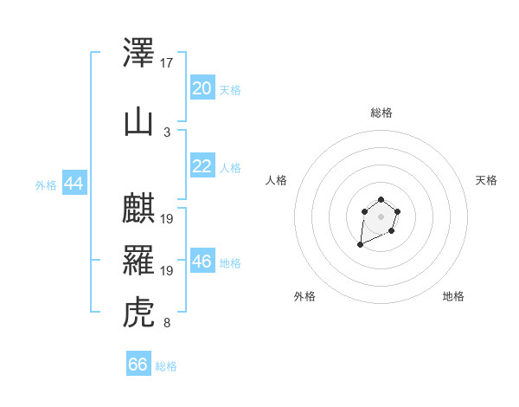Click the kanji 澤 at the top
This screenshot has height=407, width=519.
(x=138, y=52)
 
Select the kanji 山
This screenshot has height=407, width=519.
(x=138, y=123)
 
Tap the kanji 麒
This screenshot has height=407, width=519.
(x=138, y=208)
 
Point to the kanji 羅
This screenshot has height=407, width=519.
(x=138, y=260)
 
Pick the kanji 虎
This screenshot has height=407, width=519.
(x=138, y=313)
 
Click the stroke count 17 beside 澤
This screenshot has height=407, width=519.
(x=166, y=63)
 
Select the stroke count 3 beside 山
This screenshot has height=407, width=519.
(x=167, y=132)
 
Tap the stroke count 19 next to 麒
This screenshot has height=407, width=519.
(x=166, y=219)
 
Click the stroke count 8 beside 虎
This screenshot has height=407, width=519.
(x=167, y=322)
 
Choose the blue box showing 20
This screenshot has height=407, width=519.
(x=202, y=87)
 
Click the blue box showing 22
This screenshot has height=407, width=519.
(x=202, y=165)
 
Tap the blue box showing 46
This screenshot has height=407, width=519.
(x=202, y=260)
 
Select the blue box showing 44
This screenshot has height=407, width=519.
(x=74, y=183)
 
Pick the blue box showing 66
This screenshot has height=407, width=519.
(x=138, y=363)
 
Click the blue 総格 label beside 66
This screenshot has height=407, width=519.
(x=166, y=366)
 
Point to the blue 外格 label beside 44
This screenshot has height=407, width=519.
(x=46, y=185)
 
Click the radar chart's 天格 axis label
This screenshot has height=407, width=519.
(x=486, y=180)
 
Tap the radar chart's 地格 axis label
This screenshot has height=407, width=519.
(x=453, y=296)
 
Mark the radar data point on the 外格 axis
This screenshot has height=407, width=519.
(x=360, y=244)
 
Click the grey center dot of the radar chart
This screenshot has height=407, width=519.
(x=381, y=216)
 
